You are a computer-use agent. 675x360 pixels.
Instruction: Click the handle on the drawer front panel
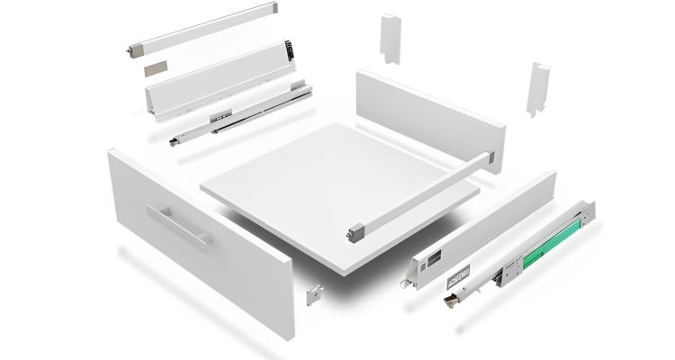point(180,224)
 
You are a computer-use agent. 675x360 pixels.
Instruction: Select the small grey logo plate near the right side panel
point(456,274)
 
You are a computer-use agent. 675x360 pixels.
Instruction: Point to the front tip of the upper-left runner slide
point(173,139)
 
